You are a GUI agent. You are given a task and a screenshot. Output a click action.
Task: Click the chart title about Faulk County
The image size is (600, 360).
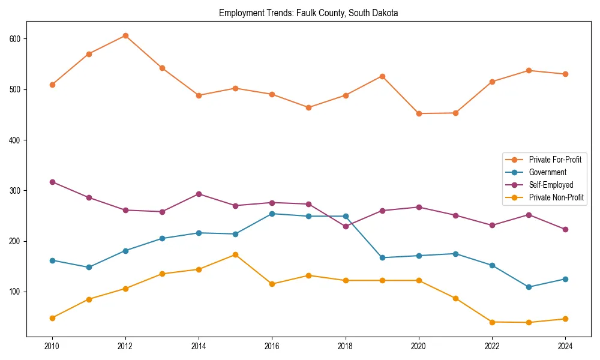tap(308, 13)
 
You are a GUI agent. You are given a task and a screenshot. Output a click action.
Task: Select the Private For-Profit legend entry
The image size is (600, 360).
tap(554, 160)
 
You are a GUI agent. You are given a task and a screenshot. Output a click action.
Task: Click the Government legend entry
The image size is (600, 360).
tap(547, 172)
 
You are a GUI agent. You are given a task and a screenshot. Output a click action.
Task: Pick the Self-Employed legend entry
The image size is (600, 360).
tap(551, 185)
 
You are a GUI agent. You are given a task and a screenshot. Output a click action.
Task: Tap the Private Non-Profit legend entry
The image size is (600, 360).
tap(556, 197)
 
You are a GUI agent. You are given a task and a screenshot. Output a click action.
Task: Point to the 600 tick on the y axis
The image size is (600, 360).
tap(16, 39)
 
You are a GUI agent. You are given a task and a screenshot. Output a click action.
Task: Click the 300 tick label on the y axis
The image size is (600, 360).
tap(16, 191)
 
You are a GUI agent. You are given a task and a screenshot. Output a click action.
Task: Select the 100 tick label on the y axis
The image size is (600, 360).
tap(16, 292)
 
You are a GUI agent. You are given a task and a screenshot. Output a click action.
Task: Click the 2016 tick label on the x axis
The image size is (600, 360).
tap(272, 346)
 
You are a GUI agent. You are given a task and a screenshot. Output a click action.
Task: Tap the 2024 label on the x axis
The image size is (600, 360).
tap(565, 346)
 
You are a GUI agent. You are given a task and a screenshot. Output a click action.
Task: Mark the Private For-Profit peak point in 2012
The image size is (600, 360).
tap(125, 35)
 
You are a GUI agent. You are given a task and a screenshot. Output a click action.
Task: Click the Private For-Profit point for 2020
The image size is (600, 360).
tap(419, 113)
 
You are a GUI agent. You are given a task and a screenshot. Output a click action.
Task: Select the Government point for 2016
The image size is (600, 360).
tap(272, 214)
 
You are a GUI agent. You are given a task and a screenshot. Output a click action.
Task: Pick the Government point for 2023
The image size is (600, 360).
tap(529, 287)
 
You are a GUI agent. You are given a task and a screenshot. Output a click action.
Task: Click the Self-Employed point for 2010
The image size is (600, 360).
tap(52, 182)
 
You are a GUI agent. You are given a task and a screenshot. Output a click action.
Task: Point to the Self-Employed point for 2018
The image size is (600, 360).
tap(346, 226)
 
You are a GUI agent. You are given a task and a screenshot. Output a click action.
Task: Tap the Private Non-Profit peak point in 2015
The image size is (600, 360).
tap(235, 254)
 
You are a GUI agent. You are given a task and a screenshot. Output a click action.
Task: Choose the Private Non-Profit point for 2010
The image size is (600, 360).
tap(52, 318)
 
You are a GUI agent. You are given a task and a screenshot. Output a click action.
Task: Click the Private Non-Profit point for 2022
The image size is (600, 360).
tap(492, 322)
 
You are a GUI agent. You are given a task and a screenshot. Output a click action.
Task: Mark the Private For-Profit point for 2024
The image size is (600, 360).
tap(565, 74)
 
